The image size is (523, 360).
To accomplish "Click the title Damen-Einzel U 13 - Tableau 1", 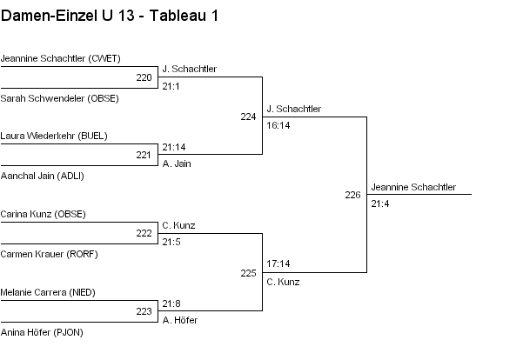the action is [x=110, y=16].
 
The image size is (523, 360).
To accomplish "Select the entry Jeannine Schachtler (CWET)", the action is [x=60, y=58].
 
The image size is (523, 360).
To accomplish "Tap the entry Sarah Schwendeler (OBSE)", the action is [x=60, y=98].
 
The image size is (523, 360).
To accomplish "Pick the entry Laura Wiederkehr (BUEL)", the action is [x=54, y=136].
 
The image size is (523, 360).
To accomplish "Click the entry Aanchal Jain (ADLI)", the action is [x=43, y=176].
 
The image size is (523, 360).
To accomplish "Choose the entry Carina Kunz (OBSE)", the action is [x=43, y=214].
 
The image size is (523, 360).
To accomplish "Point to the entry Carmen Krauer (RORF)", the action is [x=49, y=254].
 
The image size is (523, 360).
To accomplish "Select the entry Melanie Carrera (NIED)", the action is [x=48, y=292].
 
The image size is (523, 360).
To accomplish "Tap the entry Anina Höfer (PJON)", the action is [x=42, y=332].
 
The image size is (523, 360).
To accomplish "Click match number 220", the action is [x=144, y=77].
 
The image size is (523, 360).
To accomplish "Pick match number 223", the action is [x=144, y=311].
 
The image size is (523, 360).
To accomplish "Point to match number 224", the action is [x=249, y=117].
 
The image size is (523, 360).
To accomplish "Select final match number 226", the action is [x=353, y=195].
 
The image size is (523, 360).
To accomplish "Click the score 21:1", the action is [x=171, y=87].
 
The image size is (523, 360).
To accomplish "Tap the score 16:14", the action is [x=278, y=126].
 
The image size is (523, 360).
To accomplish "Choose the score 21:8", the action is [x=171, y=303].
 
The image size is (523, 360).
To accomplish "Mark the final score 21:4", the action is [x=380, y=204].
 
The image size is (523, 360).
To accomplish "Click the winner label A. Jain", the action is [x=177, y=163].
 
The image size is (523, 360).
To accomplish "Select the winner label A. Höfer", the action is [x=180, y=320].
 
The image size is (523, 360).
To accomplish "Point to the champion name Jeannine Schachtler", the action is [x=413, y=187].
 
